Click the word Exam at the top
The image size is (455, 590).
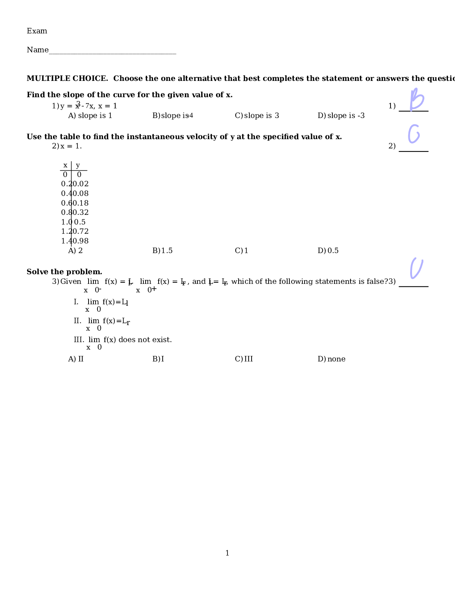(37, 31)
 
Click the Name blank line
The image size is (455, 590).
(112, 52)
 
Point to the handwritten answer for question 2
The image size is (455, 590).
(414, 134)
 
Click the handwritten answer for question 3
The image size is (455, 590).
(416, 268)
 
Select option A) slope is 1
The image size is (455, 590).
(90, 116)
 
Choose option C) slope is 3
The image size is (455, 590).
(257, 116)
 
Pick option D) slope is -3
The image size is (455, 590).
(341, 116)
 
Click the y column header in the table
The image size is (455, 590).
(78, 165)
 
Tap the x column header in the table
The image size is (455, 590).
(65, 165)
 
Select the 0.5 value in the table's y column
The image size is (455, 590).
(80, 222)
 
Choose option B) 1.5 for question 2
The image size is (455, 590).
(162, 251)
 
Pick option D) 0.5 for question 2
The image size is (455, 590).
(328, 251)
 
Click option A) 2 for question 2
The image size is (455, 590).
(75, 251)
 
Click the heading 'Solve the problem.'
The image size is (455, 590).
(64, 272)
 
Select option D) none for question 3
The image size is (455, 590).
(331, 359)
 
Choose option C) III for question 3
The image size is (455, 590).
(244, 359)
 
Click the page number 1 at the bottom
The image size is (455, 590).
(227, 553)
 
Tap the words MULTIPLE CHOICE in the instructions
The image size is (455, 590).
(67, 79)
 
